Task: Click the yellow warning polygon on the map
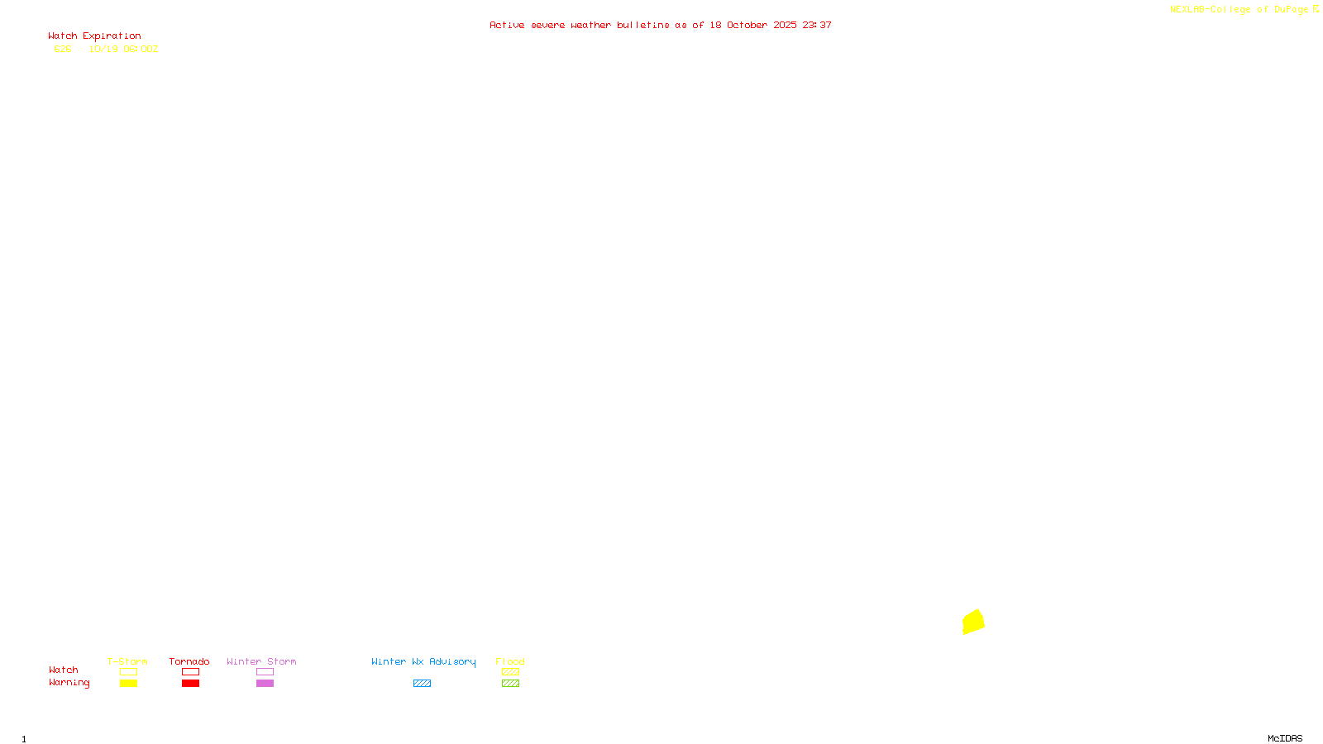pos(973,622)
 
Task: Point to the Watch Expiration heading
pos(94,36)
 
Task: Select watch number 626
pos(63,50)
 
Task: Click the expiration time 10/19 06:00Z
pos(123,50)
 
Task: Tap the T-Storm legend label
pos(127,661)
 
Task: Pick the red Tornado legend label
pos(189,661)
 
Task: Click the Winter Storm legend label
pos(261,661)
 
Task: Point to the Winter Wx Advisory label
pos(423,661)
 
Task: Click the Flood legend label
pos(510,661)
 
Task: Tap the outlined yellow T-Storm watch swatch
pos(128,672)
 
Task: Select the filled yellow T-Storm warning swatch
pos(128,684)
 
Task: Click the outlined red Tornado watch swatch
pos(190,672)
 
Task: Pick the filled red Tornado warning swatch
pos(190,684)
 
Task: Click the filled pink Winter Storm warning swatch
pos(265,684)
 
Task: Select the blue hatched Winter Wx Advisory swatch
pos(422,684)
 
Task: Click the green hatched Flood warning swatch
pos(510,684)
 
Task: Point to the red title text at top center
pos(661,26)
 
